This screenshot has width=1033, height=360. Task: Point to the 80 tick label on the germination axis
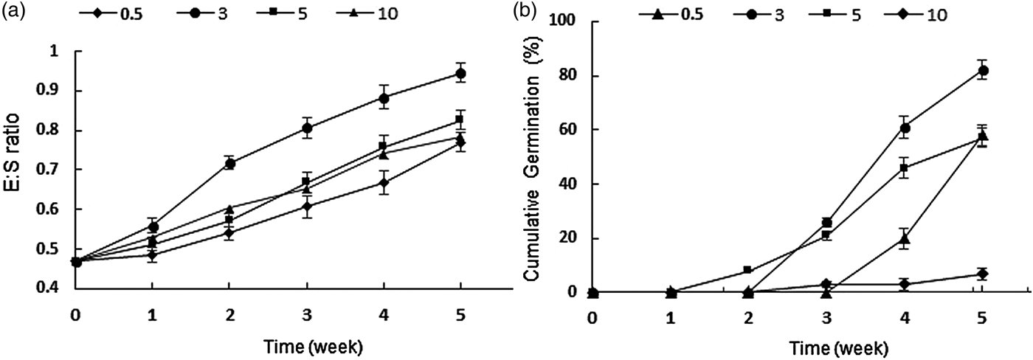coord(566,76)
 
